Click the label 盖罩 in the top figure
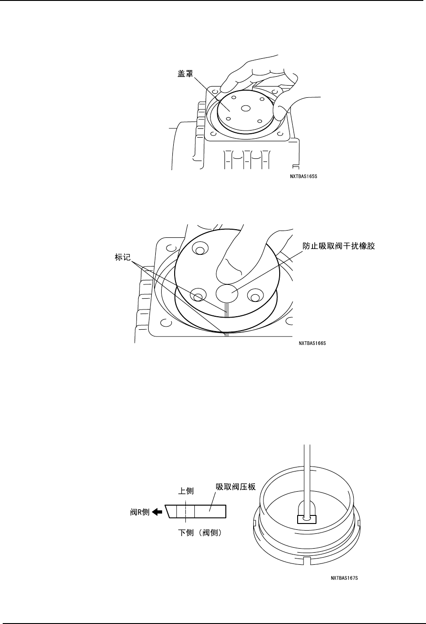click(x=184, y=73)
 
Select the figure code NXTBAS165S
click(x=306, y=176)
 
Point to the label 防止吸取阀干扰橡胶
click(x=339, y=246)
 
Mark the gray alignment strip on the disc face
click(x=227, y=309)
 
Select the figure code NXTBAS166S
click(x=312, y=344)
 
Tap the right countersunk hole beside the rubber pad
click(x=255, y=295)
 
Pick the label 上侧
click(x=186, y=491)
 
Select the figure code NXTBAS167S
click(x=344, y=578)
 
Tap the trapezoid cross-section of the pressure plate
click(x=196, y=511)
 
